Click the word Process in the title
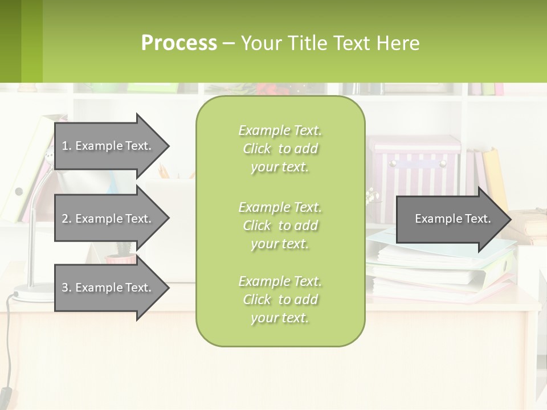point(179,43)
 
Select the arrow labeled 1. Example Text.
point(106,146)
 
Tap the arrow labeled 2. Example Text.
point(106,219)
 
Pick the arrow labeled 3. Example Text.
point(106,288)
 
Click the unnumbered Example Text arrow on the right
point(452,219)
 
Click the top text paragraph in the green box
point(280,149)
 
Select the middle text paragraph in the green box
point(280,225)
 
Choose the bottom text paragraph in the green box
point(280,300)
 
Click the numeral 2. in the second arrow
point(66,219)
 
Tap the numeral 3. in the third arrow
point(66,288)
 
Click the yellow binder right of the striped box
point(496,177)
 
